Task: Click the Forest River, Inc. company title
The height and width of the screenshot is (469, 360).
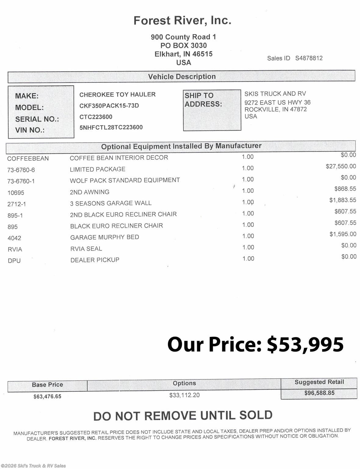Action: point(182,20)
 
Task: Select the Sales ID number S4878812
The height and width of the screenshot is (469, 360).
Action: point(309,58)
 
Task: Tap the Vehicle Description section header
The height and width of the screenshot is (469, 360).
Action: point(182,77)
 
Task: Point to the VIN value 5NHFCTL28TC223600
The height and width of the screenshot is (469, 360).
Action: point(111,127)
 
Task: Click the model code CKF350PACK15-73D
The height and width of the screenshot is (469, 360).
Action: point(109,106)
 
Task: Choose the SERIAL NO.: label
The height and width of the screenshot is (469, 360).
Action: point(37,119)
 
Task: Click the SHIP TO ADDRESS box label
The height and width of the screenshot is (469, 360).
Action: point(203,100)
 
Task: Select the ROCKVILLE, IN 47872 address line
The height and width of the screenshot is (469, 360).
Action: point(275,109)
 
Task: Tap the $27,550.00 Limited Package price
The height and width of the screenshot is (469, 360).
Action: point(340,166)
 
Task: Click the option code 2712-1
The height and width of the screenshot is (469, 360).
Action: point(17,204)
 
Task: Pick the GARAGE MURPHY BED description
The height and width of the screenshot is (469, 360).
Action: point(104,237)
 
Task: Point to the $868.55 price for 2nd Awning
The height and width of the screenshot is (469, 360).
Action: point(345,189)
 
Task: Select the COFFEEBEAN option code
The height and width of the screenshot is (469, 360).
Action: point(28,158)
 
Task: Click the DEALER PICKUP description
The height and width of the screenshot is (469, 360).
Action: point(95,260)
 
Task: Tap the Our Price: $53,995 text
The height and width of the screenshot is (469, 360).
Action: point(255,344)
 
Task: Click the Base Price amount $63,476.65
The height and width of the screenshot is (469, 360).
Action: point(47,396)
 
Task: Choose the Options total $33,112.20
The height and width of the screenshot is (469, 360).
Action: point(184,395)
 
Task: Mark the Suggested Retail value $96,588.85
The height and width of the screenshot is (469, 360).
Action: point(319,393)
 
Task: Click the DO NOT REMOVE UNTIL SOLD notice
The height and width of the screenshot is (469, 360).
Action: point(183,416)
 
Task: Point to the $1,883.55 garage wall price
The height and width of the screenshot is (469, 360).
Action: point(342,200)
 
